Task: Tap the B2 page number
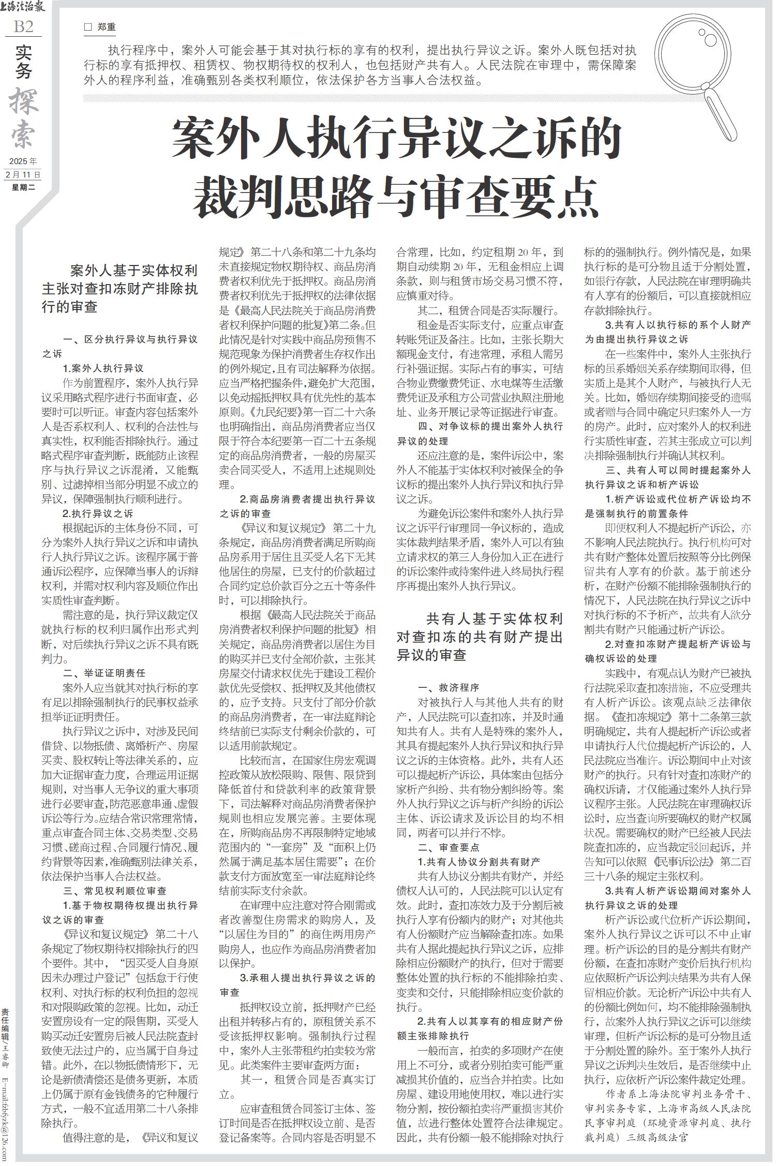(23, 27)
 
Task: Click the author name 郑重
(106, 27)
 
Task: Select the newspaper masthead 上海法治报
(23, 7)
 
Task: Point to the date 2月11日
(23, 174)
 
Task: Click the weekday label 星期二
(23, 187)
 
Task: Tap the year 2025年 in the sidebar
(23, 161)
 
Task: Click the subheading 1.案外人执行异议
(103, 368)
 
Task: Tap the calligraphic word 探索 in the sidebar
(23, 119)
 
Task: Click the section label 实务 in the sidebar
(23, 62)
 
